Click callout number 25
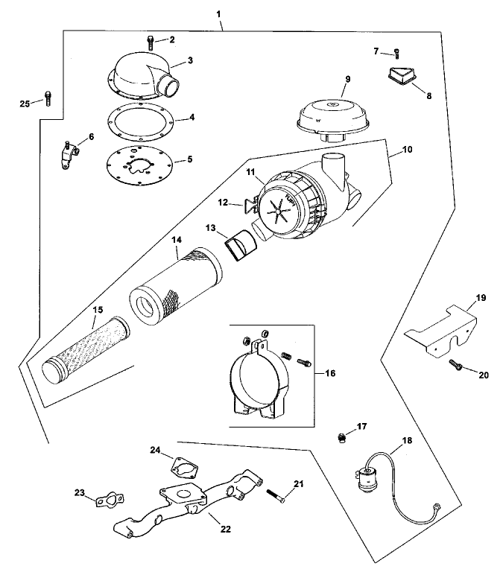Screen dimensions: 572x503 [x=25, y=104]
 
